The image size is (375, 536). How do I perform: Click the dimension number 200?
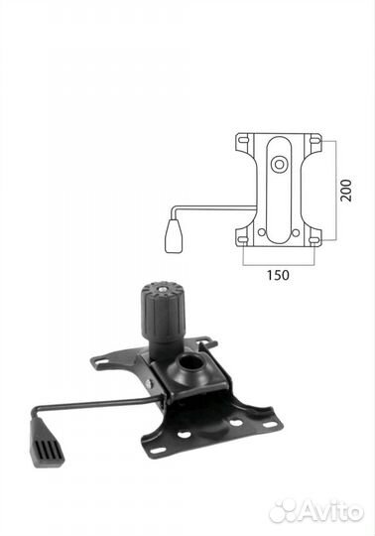pos(346,190)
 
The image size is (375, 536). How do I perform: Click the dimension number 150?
pos(278,275)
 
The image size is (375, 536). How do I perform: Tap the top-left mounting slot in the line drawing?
pos(243,140)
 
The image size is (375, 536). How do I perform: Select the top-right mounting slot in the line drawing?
pos(314,140)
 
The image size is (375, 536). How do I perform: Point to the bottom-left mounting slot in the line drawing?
pos(243,239)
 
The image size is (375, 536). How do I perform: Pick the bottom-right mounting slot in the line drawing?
pos(314,239)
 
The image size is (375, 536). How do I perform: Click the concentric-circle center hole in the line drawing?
pos(279,165)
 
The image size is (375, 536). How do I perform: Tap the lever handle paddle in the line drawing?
pos(174,236)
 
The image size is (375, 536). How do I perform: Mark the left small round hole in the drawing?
pos(262,233)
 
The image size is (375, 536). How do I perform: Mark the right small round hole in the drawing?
pos(296,233)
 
